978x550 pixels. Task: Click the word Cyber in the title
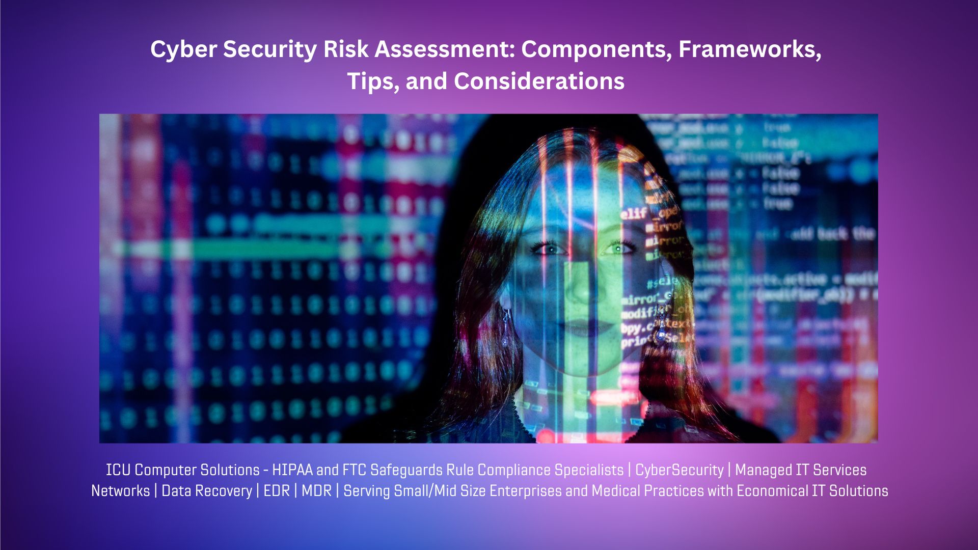coord(183,50)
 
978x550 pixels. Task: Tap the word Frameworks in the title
coord(750,50)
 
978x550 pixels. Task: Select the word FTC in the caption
coord(354,470)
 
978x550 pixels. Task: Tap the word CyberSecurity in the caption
coord(679,470)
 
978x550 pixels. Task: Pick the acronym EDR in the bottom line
coord(276,491)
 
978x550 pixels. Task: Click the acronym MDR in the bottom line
coord(316,491)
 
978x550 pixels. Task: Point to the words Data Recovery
coord(206,491)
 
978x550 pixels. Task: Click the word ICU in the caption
coord(118,470)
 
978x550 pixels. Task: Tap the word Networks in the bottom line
coord(120,491)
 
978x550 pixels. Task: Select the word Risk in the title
coord(346,50)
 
